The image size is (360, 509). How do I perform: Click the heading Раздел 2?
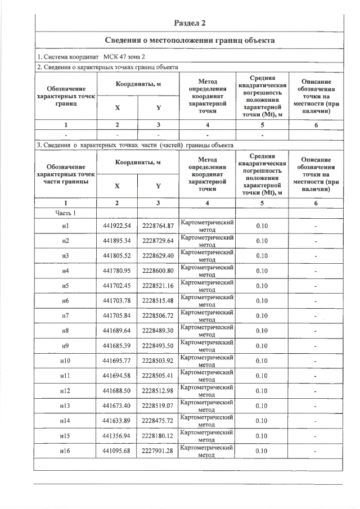(x=190, y=23)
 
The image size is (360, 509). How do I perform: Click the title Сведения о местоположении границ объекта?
(x=190, y=41)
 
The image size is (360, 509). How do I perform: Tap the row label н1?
(x=66, y=226)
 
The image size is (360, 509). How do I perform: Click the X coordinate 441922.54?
(x=117, y=226)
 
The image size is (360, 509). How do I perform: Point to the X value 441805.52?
(x=117, y=256)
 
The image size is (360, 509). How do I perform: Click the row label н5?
(x=66, y=286)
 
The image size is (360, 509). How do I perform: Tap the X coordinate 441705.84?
(x=117, y=316)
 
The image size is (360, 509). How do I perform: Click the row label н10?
(x=66, y=361)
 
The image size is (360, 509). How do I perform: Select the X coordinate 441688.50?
(x=117, y=390)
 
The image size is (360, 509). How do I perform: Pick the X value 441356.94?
(x=117, y=435)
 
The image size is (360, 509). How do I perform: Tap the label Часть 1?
(x=66, y=213)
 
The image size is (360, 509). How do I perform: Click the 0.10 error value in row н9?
(x=262, y=346)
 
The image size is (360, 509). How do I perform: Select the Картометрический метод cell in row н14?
(x=207, y=421)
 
